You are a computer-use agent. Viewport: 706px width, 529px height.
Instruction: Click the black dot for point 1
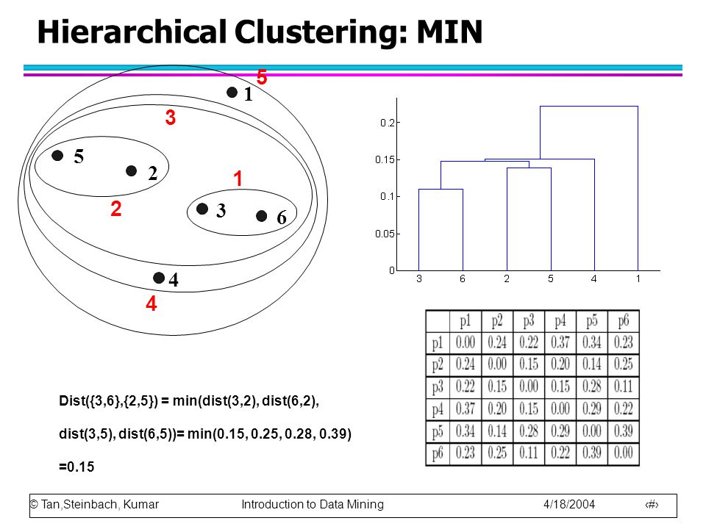pos(232,93)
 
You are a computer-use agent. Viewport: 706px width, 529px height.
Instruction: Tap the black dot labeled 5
pos(57,155)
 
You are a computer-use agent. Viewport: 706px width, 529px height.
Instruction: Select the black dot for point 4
pos(159,278)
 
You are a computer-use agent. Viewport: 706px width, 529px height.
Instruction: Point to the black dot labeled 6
pos(261,216)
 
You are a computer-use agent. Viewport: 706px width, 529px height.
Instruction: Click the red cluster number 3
pos(170,118)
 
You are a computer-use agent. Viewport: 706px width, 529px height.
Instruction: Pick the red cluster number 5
pos(262,77)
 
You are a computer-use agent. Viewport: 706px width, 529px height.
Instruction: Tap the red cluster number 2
pos(115,209)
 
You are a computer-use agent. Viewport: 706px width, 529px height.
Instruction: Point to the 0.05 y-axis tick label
pos(385,234)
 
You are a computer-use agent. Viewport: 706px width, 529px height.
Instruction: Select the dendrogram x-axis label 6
pos(463,279)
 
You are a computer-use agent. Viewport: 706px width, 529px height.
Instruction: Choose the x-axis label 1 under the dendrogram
pos(638,279)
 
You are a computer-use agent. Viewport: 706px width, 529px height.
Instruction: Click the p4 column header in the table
pos(560,321)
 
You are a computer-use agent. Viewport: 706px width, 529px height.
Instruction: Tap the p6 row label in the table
pos(437,453)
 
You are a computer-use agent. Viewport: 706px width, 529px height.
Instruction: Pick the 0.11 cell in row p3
pos(623,386)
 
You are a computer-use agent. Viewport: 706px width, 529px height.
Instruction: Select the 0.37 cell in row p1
pos(560,342)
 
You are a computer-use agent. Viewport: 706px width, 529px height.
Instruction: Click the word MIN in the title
pos(449,32)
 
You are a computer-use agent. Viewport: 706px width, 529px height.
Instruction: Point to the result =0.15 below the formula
pos(76,467)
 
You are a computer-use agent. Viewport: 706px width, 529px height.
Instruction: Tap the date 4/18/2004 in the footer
pos(569,504)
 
